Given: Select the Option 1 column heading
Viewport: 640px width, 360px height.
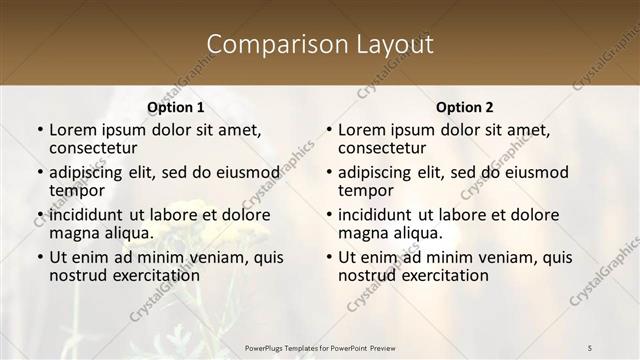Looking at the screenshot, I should click(x=176, y=107).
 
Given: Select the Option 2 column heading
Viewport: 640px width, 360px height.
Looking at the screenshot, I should click(x=464, y=107).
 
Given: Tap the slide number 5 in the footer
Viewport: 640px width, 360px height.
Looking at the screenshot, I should click(x=590, y=347).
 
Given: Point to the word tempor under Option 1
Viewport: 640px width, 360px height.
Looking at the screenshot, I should click(x=76, y=190).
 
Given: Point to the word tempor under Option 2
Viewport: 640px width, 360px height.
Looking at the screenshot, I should click(x=365, y=190).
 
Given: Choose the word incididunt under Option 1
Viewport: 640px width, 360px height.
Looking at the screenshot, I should click(x=84, y=215).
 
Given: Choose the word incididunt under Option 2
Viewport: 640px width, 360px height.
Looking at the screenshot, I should click(x=373, y=215).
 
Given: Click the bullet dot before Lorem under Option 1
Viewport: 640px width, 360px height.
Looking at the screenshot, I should click(x=40, y=130).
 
